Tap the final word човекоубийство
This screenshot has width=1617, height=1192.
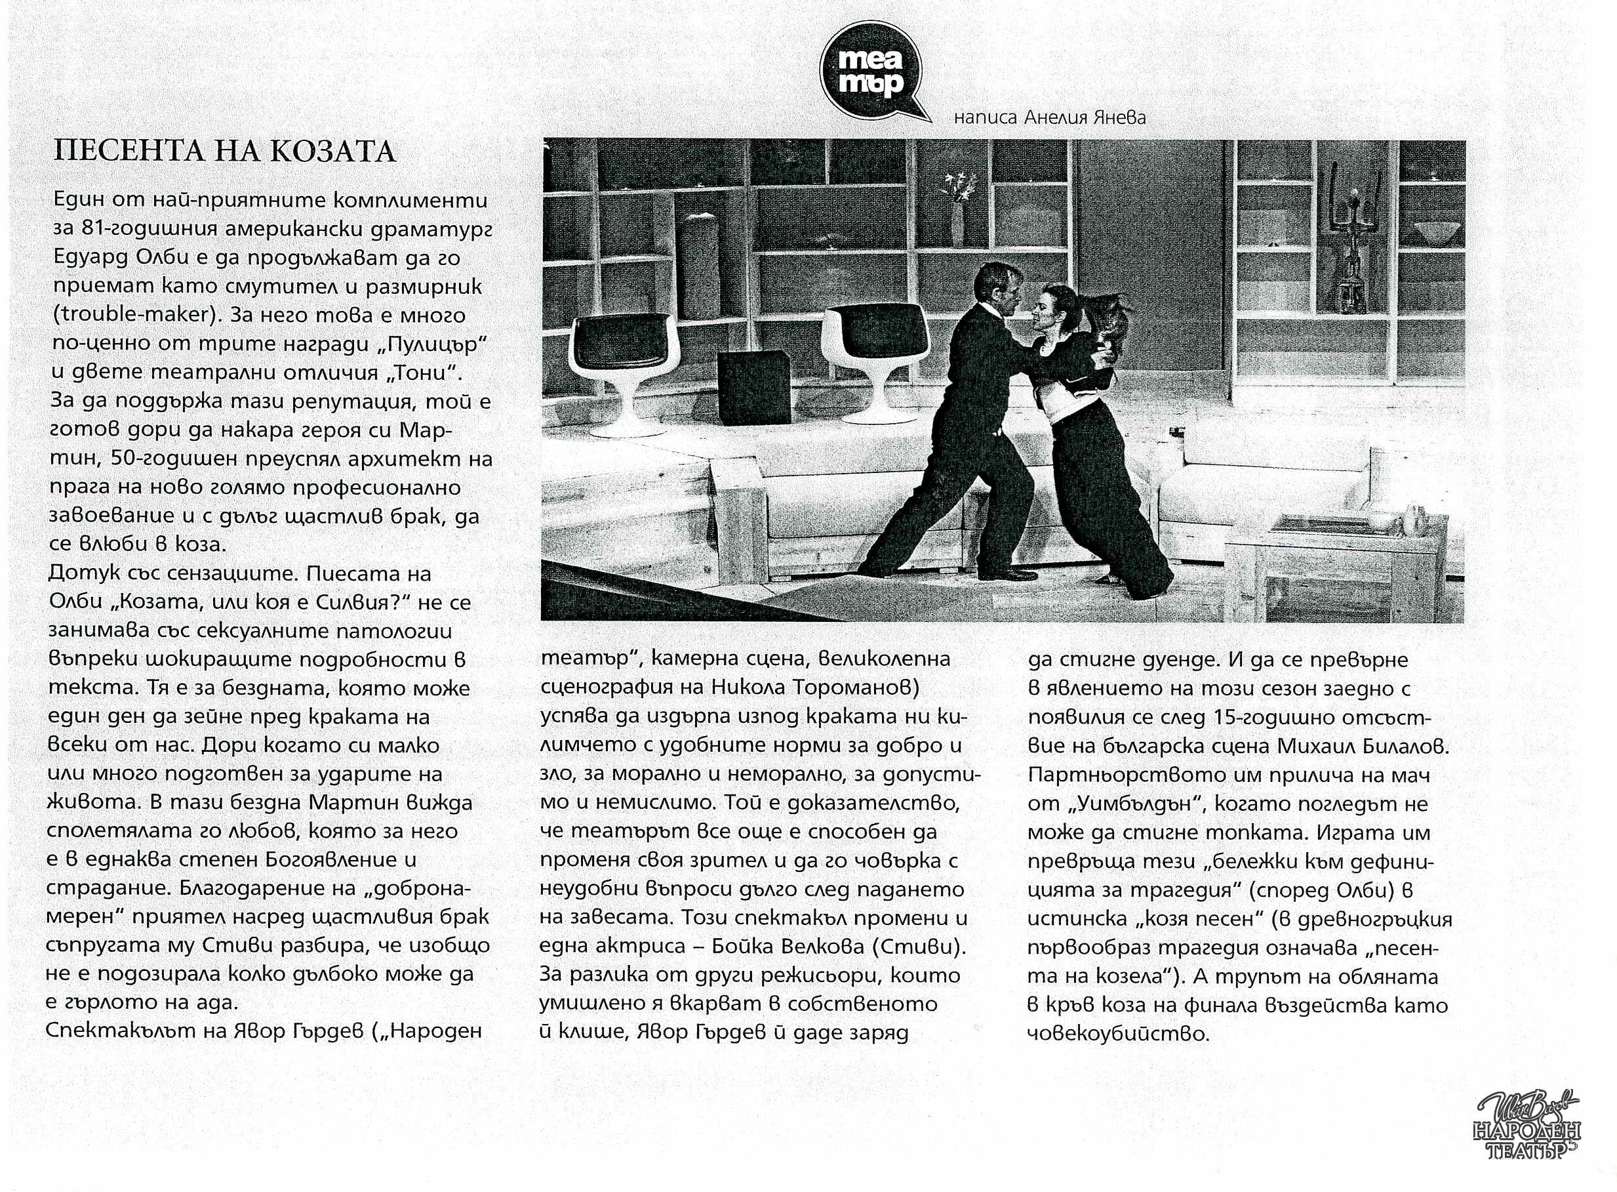click(1117, 1033)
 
